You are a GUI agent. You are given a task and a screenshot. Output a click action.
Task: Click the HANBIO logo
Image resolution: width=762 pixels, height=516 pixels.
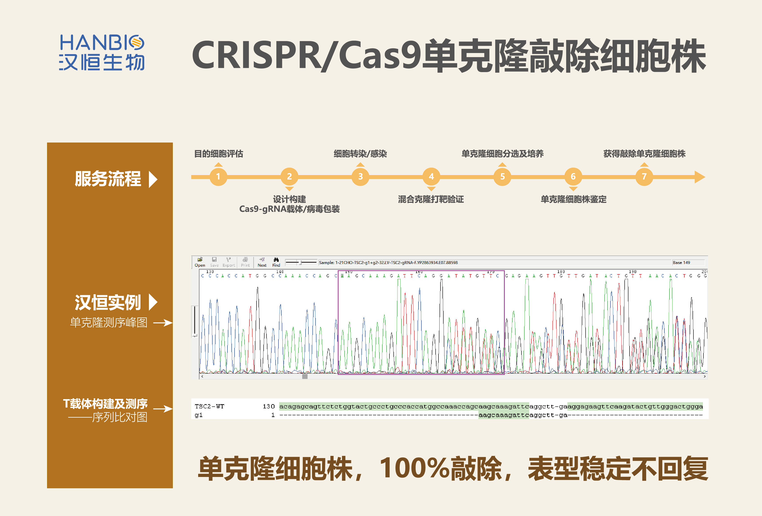[x=102, y=52]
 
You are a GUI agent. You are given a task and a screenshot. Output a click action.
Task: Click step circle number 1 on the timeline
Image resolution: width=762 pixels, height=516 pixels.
[x=218, y=177]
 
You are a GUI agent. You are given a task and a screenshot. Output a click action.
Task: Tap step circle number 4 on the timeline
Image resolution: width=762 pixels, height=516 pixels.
[x=431, y=177]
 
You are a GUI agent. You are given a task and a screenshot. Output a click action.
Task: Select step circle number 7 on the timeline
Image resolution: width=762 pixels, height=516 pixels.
[x=644, y=177]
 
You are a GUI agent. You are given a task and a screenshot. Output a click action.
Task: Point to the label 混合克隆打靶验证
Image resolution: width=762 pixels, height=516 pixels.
[x=431, y=199]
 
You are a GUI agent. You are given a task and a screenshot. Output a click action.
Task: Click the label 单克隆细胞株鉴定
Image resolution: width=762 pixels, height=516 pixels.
[x=573, y=199]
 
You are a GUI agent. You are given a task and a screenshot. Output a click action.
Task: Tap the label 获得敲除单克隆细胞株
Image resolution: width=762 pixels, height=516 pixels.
[x=644, y=154]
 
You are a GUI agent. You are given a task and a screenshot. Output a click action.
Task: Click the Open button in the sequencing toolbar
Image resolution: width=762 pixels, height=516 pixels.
[x=200, y=262]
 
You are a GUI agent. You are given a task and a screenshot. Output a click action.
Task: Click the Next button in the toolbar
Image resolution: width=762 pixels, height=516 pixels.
[x=262, y=262]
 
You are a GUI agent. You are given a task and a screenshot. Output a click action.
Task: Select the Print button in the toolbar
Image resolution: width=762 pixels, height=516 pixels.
[x=245, y=262]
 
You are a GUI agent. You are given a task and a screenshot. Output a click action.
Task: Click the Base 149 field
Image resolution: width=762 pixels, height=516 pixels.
[x=688, y=263]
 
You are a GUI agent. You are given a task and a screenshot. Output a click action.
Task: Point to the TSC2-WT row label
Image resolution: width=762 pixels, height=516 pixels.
[x=209, y=406]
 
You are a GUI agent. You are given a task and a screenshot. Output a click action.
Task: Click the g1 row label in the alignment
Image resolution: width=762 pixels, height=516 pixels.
[x=199, y=415]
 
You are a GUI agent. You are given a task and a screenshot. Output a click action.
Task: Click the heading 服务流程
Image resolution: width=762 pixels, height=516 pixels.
[x=108, y=179]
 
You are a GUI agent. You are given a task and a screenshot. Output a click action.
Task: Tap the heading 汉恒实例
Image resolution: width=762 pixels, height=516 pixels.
[x=108, y=302]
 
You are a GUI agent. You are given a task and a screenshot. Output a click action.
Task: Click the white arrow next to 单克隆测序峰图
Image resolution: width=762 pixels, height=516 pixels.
[x=163, y=323]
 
